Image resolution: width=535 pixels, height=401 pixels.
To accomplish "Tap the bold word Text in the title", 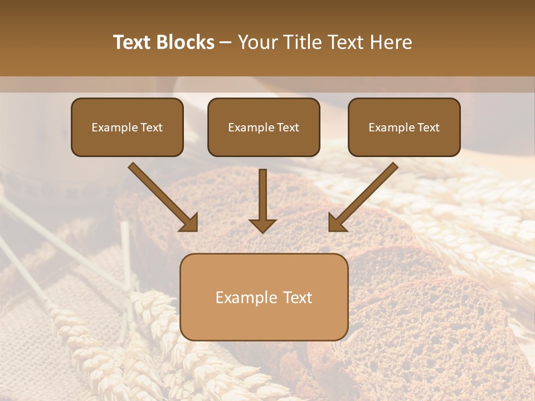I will pyautogui.click(x=132, y=42).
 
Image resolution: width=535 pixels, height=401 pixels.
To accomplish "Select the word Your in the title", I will pyautogui.click(x=257, y=42).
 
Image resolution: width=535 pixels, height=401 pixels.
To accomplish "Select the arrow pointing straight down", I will pyautogui.click(x=262, y=200).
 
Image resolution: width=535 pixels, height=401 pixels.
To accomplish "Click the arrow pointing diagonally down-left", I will pyautogui.click(x=363, y=198).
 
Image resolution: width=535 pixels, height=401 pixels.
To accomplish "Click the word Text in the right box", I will pyautogui.click(x=428, y=128).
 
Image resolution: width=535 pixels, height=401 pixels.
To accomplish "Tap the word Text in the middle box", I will pyautogui.click(x=288, y=128).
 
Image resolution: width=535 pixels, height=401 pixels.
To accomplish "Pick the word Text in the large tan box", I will pyautogui.click(x=298, y=297).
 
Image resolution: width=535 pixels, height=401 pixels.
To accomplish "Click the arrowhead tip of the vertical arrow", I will pyautogui.click(x=262, y=231).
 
